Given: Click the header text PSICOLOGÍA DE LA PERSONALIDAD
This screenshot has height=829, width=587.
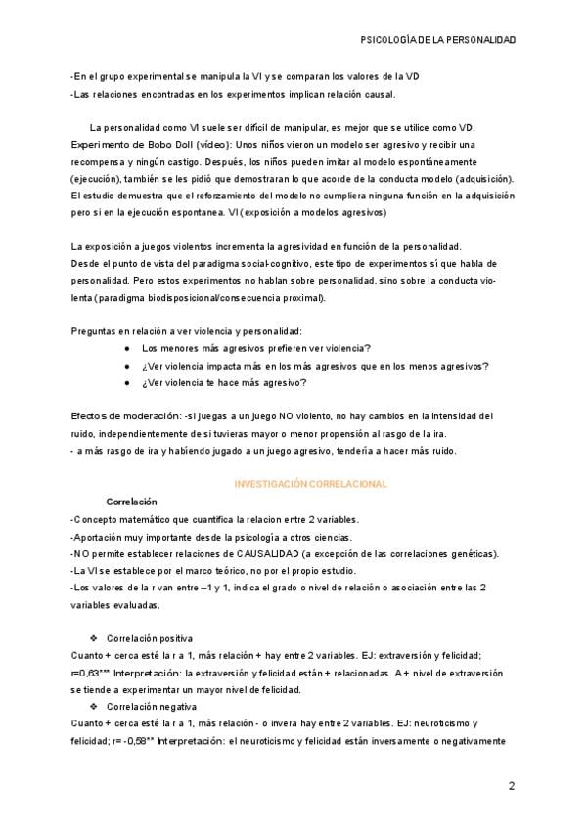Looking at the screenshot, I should (438, 41).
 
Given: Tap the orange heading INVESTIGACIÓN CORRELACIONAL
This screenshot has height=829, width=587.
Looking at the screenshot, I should (311, 484).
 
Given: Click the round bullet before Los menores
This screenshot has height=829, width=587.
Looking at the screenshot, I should (127, 349).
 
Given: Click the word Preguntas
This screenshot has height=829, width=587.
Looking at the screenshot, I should (94, 331).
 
